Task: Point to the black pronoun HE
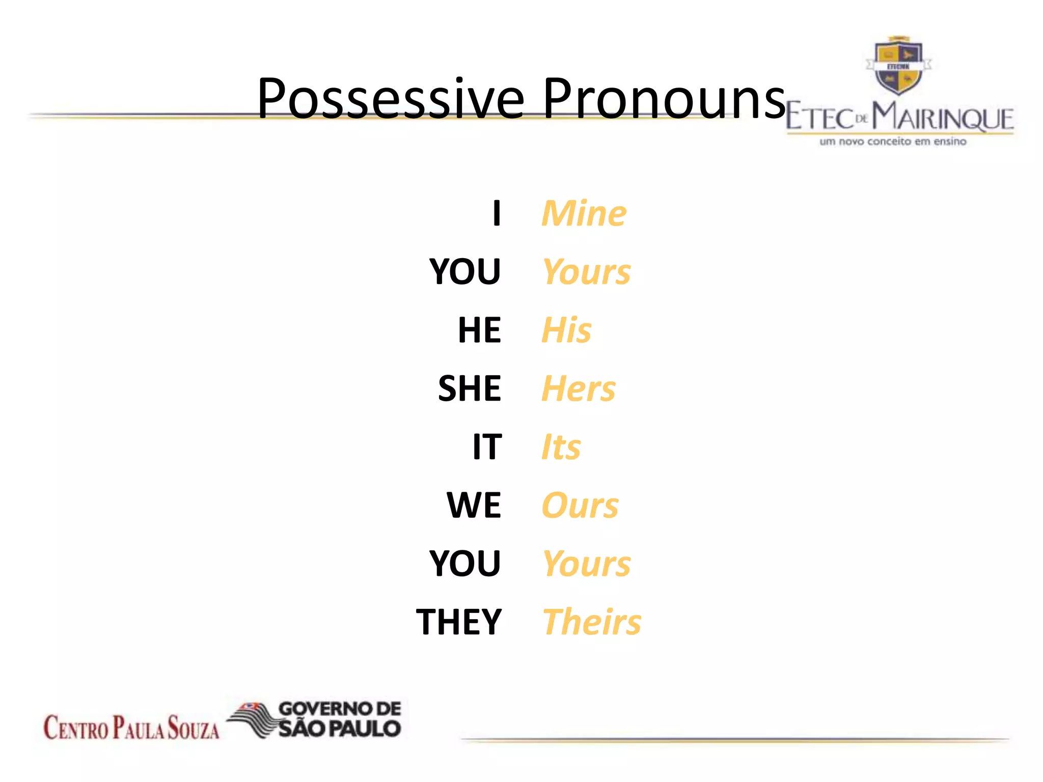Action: pos(479,330)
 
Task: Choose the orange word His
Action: pos(566,330)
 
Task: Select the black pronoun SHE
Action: pos(470,388)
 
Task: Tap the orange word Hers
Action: pos(579,388)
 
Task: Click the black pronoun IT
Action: pos(487,447)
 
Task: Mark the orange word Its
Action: pos(561,447)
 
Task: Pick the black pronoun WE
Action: pos(474,506)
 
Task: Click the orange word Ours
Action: pos(580,506)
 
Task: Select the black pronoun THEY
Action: pos(459,622)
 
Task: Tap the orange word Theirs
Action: pos(592,622)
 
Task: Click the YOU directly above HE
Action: pos(465,271)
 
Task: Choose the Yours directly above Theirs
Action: pos(586,564)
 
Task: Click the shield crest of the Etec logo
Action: pos(898,66)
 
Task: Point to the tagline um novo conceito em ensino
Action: pos(892,142)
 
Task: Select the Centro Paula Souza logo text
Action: pos(131,727)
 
